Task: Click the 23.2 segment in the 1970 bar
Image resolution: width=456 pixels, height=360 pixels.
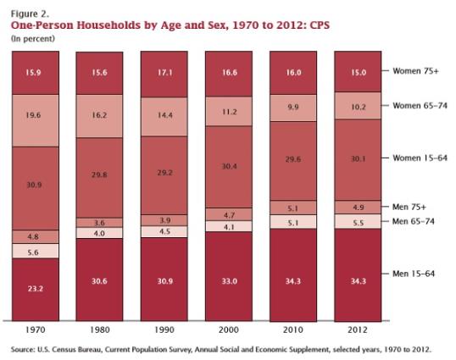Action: [36, 290]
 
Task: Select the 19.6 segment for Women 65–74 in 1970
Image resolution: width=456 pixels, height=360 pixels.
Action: [36, 120]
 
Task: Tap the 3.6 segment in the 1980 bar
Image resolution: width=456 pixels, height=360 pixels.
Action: [99, 223]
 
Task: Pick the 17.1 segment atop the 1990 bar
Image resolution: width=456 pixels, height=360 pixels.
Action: [164, 74]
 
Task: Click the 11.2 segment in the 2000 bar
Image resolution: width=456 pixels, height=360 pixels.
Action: [229, 111]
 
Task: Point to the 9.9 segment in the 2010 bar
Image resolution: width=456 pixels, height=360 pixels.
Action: [293, 108]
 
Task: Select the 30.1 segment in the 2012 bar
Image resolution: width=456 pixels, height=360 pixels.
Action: [358, 160]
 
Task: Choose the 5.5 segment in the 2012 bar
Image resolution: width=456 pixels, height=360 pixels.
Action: [358, 222]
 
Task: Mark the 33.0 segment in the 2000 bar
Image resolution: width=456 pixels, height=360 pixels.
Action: [229, 276]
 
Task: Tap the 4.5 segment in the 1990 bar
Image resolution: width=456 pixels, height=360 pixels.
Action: [164, 232]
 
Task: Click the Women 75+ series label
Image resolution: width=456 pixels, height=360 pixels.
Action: [415, 71]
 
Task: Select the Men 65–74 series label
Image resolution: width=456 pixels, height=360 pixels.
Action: [414, 221]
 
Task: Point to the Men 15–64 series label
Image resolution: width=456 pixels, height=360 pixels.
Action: [414, 274]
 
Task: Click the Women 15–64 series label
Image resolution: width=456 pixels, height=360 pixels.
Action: [420, 158]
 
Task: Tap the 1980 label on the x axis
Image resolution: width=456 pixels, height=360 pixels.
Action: [100, 330]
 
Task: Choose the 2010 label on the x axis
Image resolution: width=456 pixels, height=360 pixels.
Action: [293, 330]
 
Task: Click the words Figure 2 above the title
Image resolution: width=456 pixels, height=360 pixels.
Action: [30, 14]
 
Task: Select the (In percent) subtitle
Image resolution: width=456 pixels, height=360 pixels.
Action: [32, 39]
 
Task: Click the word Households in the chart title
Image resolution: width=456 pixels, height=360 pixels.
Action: [108, 25]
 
